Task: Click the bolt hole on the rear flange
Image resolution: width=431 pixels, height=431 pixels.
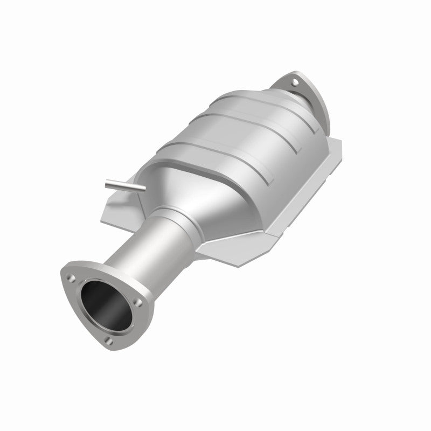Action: click(x=295, y=82)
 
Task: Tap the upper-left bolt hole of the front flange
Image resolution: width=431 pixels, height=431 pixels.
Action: click(x=71, y=277)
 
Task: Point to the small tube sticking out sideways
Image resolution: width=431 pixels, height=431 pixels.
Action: click(x=124, y=186)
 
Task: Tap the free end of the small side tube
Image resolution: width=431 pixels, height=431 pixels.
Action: click(x=108, y=184)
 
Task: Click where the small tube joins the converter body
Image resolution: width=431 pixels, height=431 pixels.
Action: click(x=141, y=189)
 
